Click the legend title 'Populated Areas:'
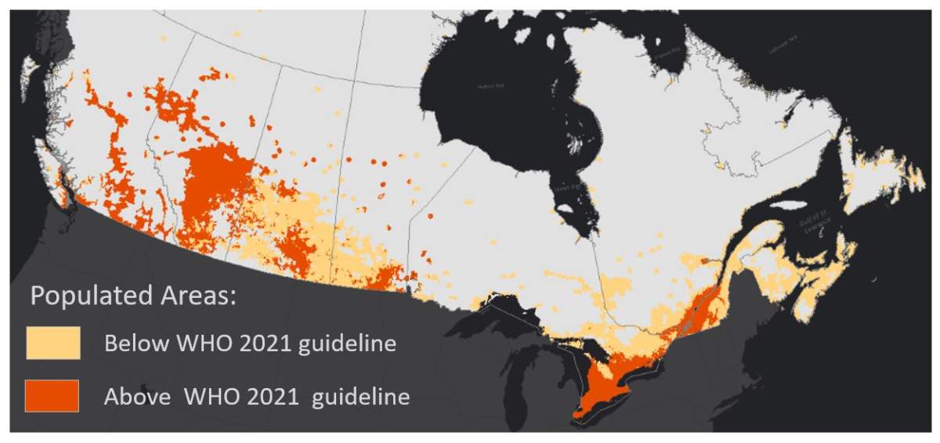[x=133, y=296]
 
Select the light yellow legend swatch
[x=52, y=343]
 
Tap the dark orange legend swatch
[x=52, y=396]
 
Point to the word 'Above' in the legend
[x=137, y=396]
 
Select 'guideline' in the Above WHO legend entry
[x=360, y=396]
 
